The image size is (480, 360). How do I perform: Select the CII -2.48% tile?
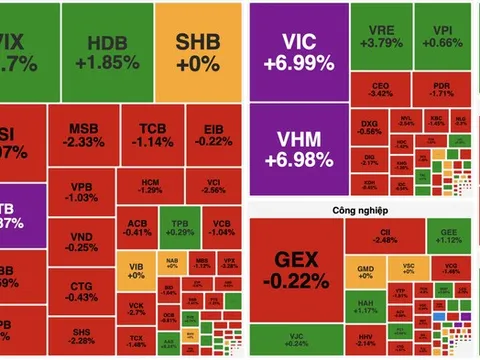point(386,236)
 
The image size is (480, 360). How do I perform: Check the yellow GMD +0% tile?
point(365,270)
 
